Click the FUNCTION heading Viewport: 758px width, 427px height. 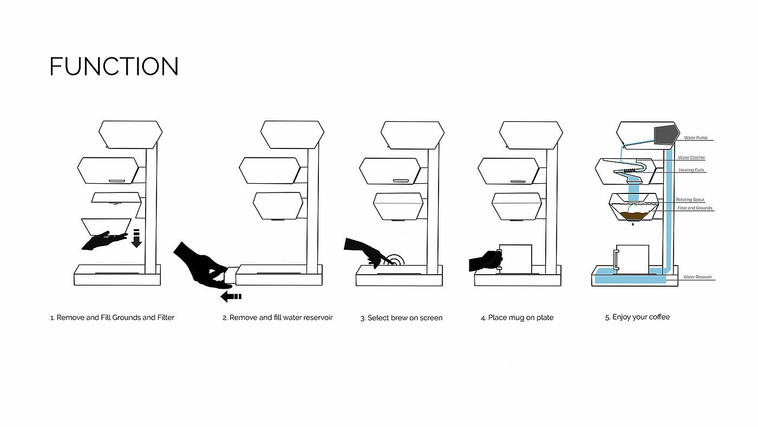(x=114, y=67)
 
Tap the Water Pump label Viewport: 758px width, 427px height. (x=695, y=138)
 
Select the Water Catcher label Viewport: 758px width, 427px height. (x=691, y=158)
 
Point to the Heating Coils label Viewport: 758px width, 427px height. (x=692, y=170)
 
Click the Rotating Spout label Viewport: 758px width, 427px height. (x=690, y=200)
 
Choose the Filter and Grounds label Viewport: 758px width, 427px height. (x=695, y=208)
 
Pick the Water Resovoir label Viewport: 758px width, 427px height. (x=697, y=277)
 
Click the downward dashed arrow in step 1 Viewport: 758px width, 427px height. (x=136, y=238)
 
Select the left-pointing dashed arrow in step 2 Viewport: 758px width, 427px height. (x=231, y=296)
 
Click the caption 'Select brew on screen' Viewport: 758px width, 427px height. (x=401, y=318)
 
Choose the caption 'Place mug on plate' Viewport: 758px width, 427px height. (x=517, y=318)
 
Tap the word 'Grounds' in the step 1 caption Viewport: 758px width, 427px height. (x=126, y=318)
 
